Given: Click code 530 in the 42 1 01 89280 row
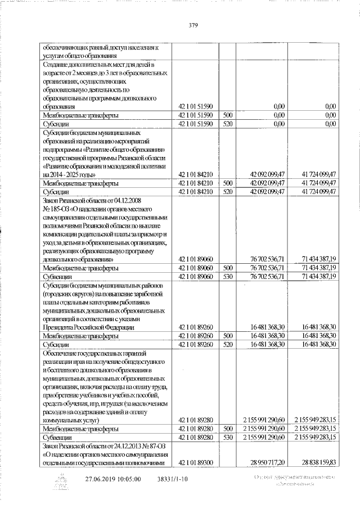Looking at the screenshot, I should tap(227, 436).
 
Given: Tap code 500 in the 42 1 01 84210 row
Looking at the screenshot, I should tap(227, 183).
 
